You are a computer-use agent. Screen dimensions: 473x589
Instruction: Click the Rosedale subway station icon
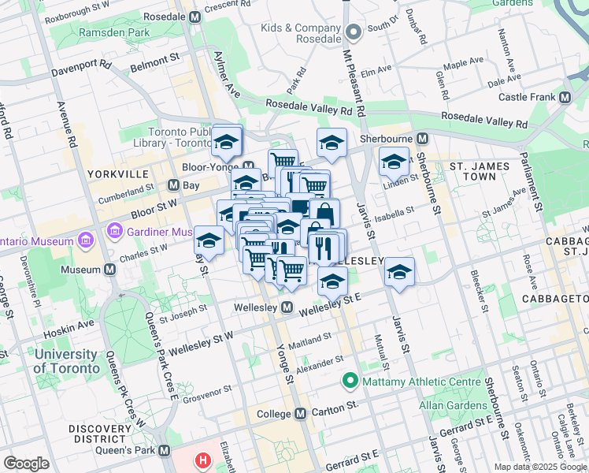195,17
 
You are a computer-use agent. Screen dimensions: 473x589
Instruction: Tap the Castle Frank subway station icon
565,97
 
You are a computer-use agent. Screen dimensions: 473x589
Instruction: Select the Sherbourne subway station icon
423,138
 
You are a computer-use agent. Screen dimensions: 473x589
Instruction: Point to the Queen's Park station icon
164,450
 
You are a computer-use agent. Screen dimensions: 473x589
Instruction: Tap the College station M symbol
300,414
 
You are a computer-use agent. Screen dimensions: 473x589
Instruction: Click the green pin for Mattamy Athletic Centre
350,382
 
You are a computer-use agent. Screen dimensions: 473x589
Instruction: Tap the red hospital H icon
204,460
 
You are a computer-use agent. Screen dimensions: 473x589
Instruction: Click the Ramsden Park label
114,33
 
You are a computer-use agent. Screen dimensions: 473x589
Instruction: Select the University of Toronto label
67,361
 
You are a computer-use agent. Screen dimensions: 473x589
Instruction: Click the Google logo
26,464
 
